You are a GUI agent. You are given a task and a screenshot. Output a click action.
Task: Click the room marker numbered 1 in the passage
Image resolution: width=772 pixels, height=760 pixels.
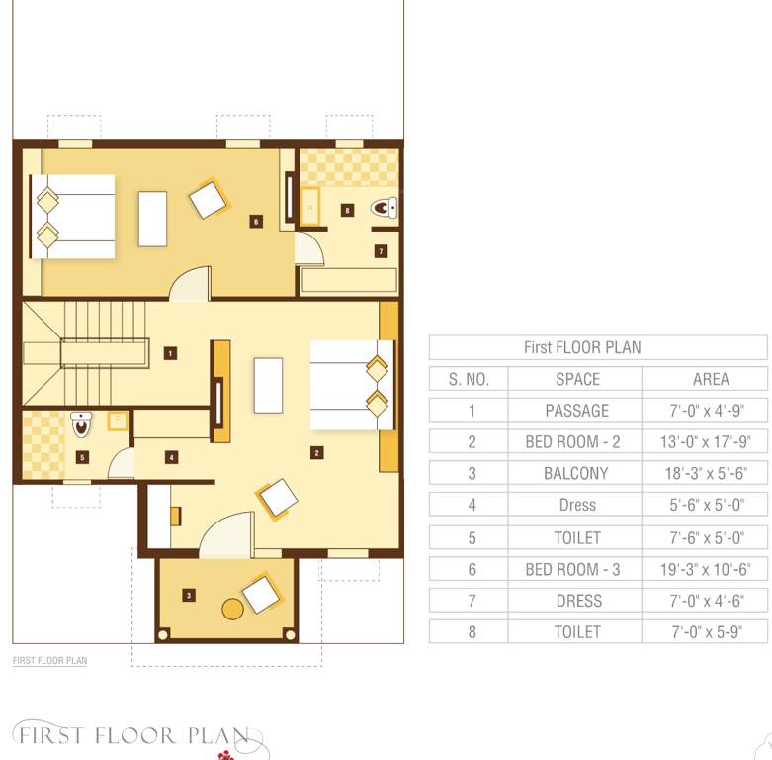(x=170, y=352)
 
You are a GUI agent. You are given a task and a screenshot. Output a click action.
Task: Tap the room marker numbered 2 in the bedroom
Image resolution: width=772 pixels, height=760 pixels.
(x=316, y=453)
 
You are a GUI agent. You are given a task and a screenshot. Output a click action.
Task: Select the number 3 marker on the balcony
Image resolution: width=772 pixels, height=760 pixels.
(x=188, y=595)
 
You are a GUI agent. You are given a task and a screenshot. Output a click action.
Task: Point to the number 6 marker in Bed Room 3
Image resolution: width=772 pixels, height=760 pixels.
(x=255, y=221)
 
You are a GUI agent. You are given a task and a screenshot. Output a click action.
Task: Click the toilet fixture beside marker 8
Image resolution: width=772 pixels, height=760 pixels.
(x=384, y=208)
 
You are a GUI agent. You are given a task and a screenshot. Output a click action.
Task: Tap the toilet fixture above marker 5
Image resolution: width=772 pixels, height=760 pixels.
(x=81, y=425)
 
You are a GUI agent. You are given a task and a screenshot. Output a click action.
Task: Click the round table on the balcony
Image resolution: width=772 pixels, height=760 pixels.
(x=232, y=609)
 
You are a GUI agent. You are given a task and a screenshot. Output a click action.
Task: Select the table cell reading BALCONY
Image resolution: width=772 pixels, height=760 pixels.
(x=576, y=473)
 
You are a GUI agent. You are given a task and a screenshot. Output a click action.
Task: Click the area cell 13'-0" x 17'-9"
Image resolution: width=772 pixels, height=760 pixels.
(x=704, y=441)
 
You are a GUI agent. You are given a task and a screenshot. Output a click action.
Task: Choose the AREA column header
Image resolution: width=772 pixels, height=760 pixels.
(x=704, y=379)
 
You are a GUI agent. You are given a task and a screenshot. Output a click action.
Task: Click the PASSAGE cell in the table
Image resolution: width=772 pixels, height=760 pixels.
(x=576, y=410)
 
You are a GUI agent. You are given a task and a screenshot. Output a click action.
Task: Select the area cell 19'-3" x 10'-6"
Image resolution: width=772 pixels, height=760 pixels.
(x=704, y=569)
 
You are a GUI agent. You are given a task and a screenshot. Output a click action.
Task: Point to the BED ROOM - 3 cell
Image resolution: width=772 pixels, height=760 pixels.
(x=576, y=569)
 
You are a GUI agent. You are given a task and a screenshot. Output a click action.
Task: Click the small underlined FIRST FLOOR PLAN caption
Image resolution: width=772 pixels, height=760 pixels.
(x=49, y=660)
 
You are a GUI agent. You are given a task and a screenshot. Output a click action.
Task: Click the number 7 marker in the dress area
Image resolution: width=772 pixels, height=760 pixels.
(x=381, y=251)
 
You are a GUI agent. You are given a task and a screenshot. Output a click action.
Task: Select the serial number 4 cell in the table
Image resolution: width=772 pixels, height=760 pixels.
(x=472, y=505)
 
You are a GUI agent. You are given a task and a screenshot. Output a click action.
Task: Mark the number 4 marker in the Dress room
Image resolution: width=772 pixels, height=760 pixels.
(x=171, y=457)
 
